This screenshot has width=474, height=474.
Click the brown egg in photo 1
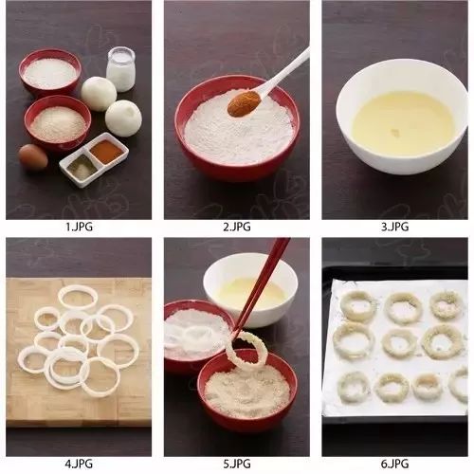[33, 157]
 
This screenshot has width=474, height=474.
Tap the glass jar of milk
[121, 69]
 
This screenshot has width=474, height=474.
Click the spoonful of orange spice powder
[244, 103]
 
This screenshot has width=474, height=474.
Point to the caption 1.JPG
[79, 227]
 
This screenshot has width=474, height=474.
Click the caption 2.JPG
[237, 227]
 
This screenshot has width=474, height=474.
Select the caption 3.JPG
[395, 227]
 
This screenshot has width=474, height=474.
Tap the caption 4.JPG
[79, 464]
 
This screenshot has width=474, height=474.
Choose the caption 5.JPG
[237, 464]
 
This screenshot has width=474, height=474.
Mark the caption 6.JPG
[395, 464]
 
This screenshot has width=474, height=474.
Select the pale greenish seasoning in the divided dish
[82, 167]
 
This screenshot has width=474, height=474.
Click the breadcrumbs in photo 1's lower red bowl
[58, 124]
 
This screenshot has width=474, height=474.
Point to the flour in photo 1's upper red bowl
[50, 73]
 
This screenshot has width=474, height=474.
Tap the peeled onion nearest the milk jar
[99, 94]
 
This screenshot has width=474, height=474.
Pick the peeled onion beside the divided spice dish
[123, 118]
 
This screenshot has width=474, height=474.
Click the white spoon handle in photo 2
[284, 71]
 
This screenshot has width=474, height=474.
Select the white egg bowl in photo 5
[250, 289]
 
